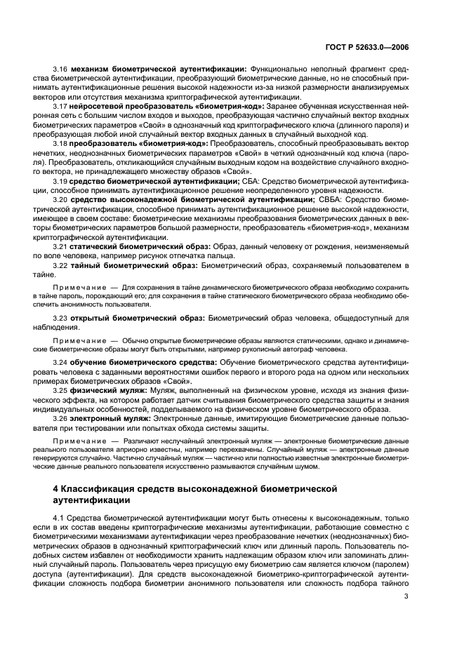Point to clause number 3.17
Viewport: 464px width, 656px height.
pyautogui.click(x=60, y=105)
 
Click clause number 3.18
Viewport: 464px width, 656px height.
pyautogui.click(x=60, y=142)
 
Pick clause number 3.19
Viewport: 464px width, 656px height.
pyautogui.click(x=60, y=180)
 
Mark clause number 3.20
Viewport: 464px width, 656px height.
pyautogui.click(x=60, y=199)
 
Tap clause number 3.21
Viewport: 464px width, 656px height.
pyautogui.click(x=60, y=246)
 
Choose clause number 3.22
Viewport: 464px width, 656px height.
pyautogui.click(x=60, y=265)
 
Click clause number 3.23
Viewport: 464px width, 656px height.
pyautogui.click(x=60, y=317)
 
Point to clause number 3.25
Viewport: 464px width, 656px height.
pyautogui.click(x=60, y=389)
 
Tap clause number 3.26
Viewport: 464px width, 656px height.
pyautogui.click(x=60, y=417)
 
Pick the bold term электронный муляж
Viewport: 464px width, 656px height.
pyautogui.click(x=110, y=417)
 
